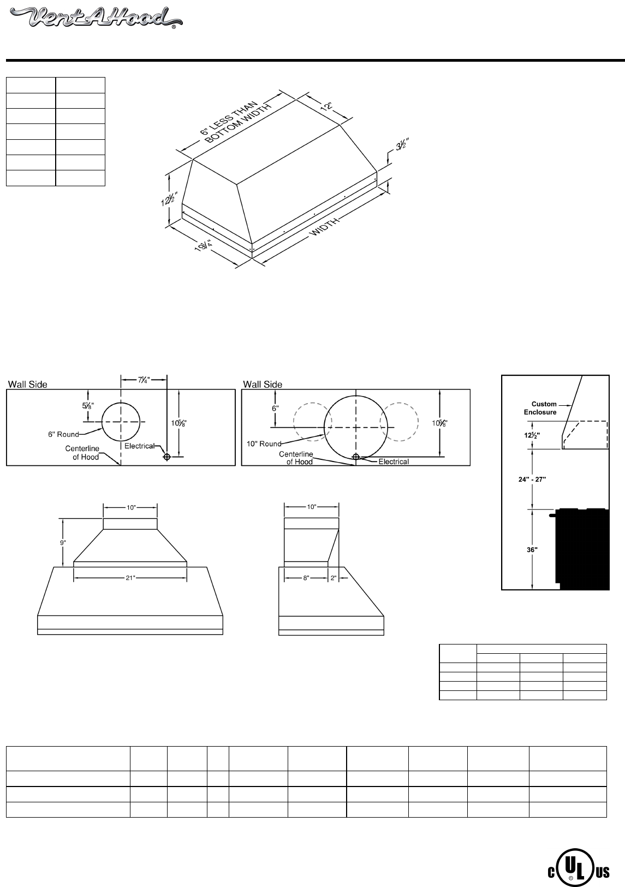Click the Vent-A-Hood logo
pyautogui.click(x=96, y=18)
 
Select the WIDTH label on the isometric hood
pyautogui.click(x=325, y=227)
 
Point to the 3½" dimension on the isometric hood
pyautogui.click(x=402, y=145)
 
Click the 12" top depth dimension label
pyautogui.click(x=326, y=106)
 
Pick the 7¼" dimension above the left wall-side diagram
pyautogui.click(x=144, y=380)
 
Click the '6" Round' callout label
pyautogui.click(x=63, y=434)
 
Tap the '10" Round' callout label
pyautogui.click(x=264, y=444)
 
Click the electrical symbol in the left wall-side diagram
pyautogui.click(x=167, y=457)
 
